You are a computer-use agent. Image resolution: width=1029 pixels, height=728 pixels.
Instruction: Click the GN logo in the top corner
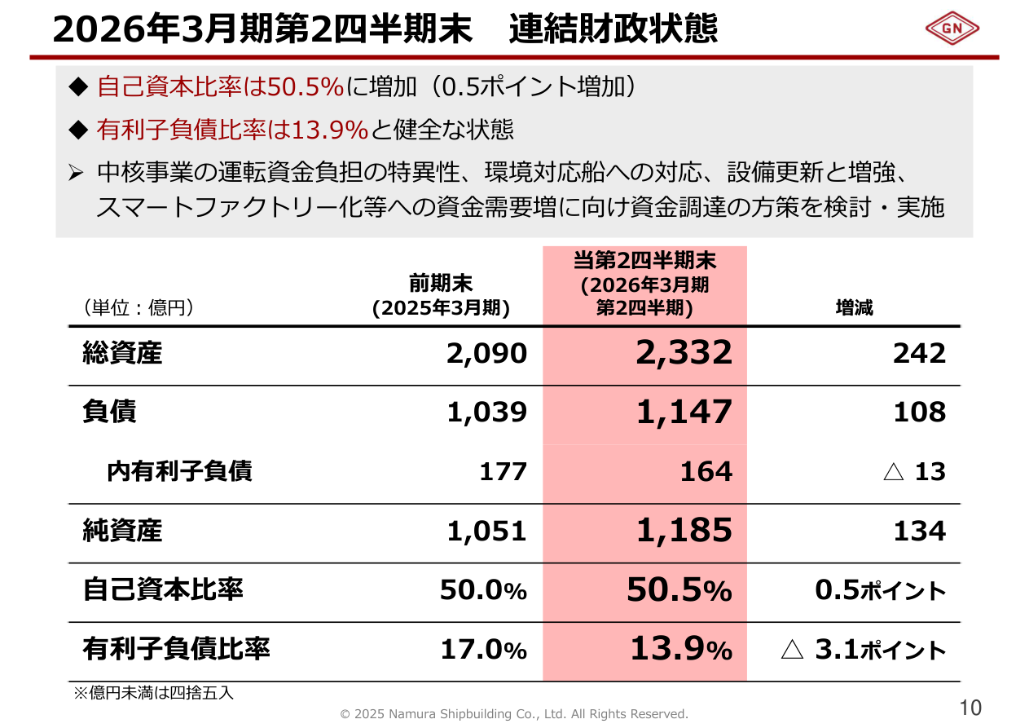[x=952, y=29]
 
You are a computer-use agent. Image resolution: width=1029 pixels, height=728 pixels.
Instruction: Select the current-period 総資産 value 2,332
[x=684, y=353]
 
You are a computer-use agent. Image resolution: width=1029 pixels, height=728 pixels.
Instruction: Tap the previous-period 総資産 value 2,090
[x=486, y=354]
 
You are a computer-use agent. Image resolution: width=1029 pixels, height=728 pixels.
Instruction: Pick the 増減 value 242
[x=919, y=354]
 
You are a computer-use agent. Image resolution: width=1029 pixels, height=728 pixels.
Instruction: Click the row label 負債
[x=110, y=412]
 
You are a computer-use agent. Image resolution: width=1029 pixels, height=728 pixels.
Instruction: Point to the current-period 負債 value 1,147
[x=684, y=413]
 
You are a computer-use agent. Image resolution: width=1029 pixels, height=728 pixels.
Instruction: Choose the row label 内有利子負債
[x=179, y=471]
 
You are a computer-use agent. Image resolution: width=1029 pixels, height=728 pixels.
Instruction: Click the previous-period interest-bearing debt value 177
[x=503, y=472]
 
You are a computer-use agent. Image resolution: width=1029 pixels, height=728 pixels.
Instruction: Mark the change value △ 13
[x=914, y=472]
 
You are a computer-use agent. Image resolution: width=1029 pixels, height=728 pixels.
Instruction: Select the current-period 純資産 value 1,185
[x=684, y=531]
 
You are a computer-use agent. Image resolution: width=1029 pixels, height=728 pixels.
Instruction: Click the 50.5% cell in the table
[x=679, y=590]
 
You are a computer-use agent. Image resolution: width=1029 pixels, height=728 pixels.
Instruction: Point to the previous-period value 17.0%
[x=483, y=650]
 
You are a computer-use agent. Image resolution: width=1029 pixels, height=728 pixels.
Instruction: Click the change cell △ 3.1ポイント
[x=864, y=650]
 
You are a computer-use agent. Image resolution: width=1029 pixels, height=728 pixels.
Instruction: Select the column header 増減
[x=854, y=308]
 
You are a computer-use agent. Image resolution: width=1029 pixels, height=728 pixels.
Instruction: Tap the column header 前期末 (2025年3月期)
[x=441, y=295]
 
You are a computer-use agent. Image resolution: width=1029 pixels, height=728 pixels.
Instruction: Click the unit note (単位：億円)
[x=138, y=308]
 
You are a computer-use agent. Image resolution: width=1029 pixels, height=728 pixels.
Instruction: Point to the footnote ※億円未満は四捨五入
[x=154, y=693]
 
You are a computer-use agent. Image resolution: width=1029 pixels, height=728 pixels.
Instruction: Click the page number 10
[x=970, y=708]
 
